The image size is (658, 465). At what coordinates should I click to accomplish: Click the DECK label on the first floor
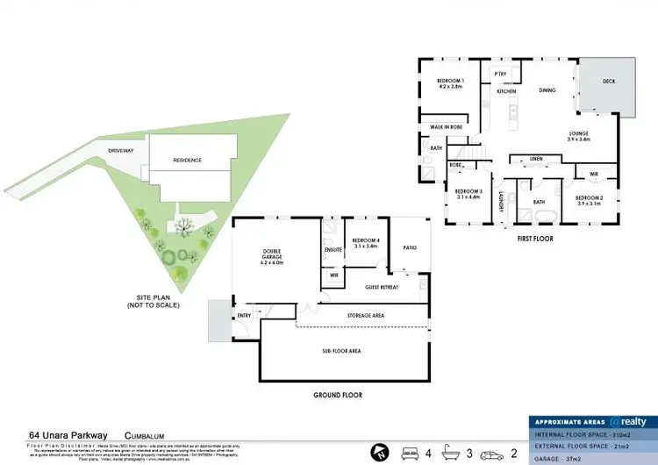[x=608, y=82]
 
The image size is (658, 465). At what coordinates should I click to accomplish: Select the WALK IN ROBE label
[x=446, y=127]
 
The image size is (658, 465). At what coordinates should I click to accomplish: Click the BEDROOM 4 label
[x=364, y=243]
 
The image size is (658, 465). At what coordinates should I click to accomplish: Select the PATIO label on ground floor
[x=409, y=248]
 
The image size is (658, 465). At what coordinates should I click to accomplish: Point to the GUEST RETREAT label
[x=381, y=287]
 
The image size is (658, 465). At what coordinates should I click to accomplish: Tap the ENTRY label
[x=243, y=316]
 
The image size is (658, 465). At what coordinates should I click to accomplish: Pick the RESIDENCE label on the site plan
[x=187, y=161]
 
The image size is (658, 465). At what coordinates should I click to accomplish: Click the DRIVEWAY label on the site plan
[x=120, y=151]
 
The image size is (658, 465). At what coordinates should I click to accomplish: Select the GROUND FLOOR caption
[x=338, y=395]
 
